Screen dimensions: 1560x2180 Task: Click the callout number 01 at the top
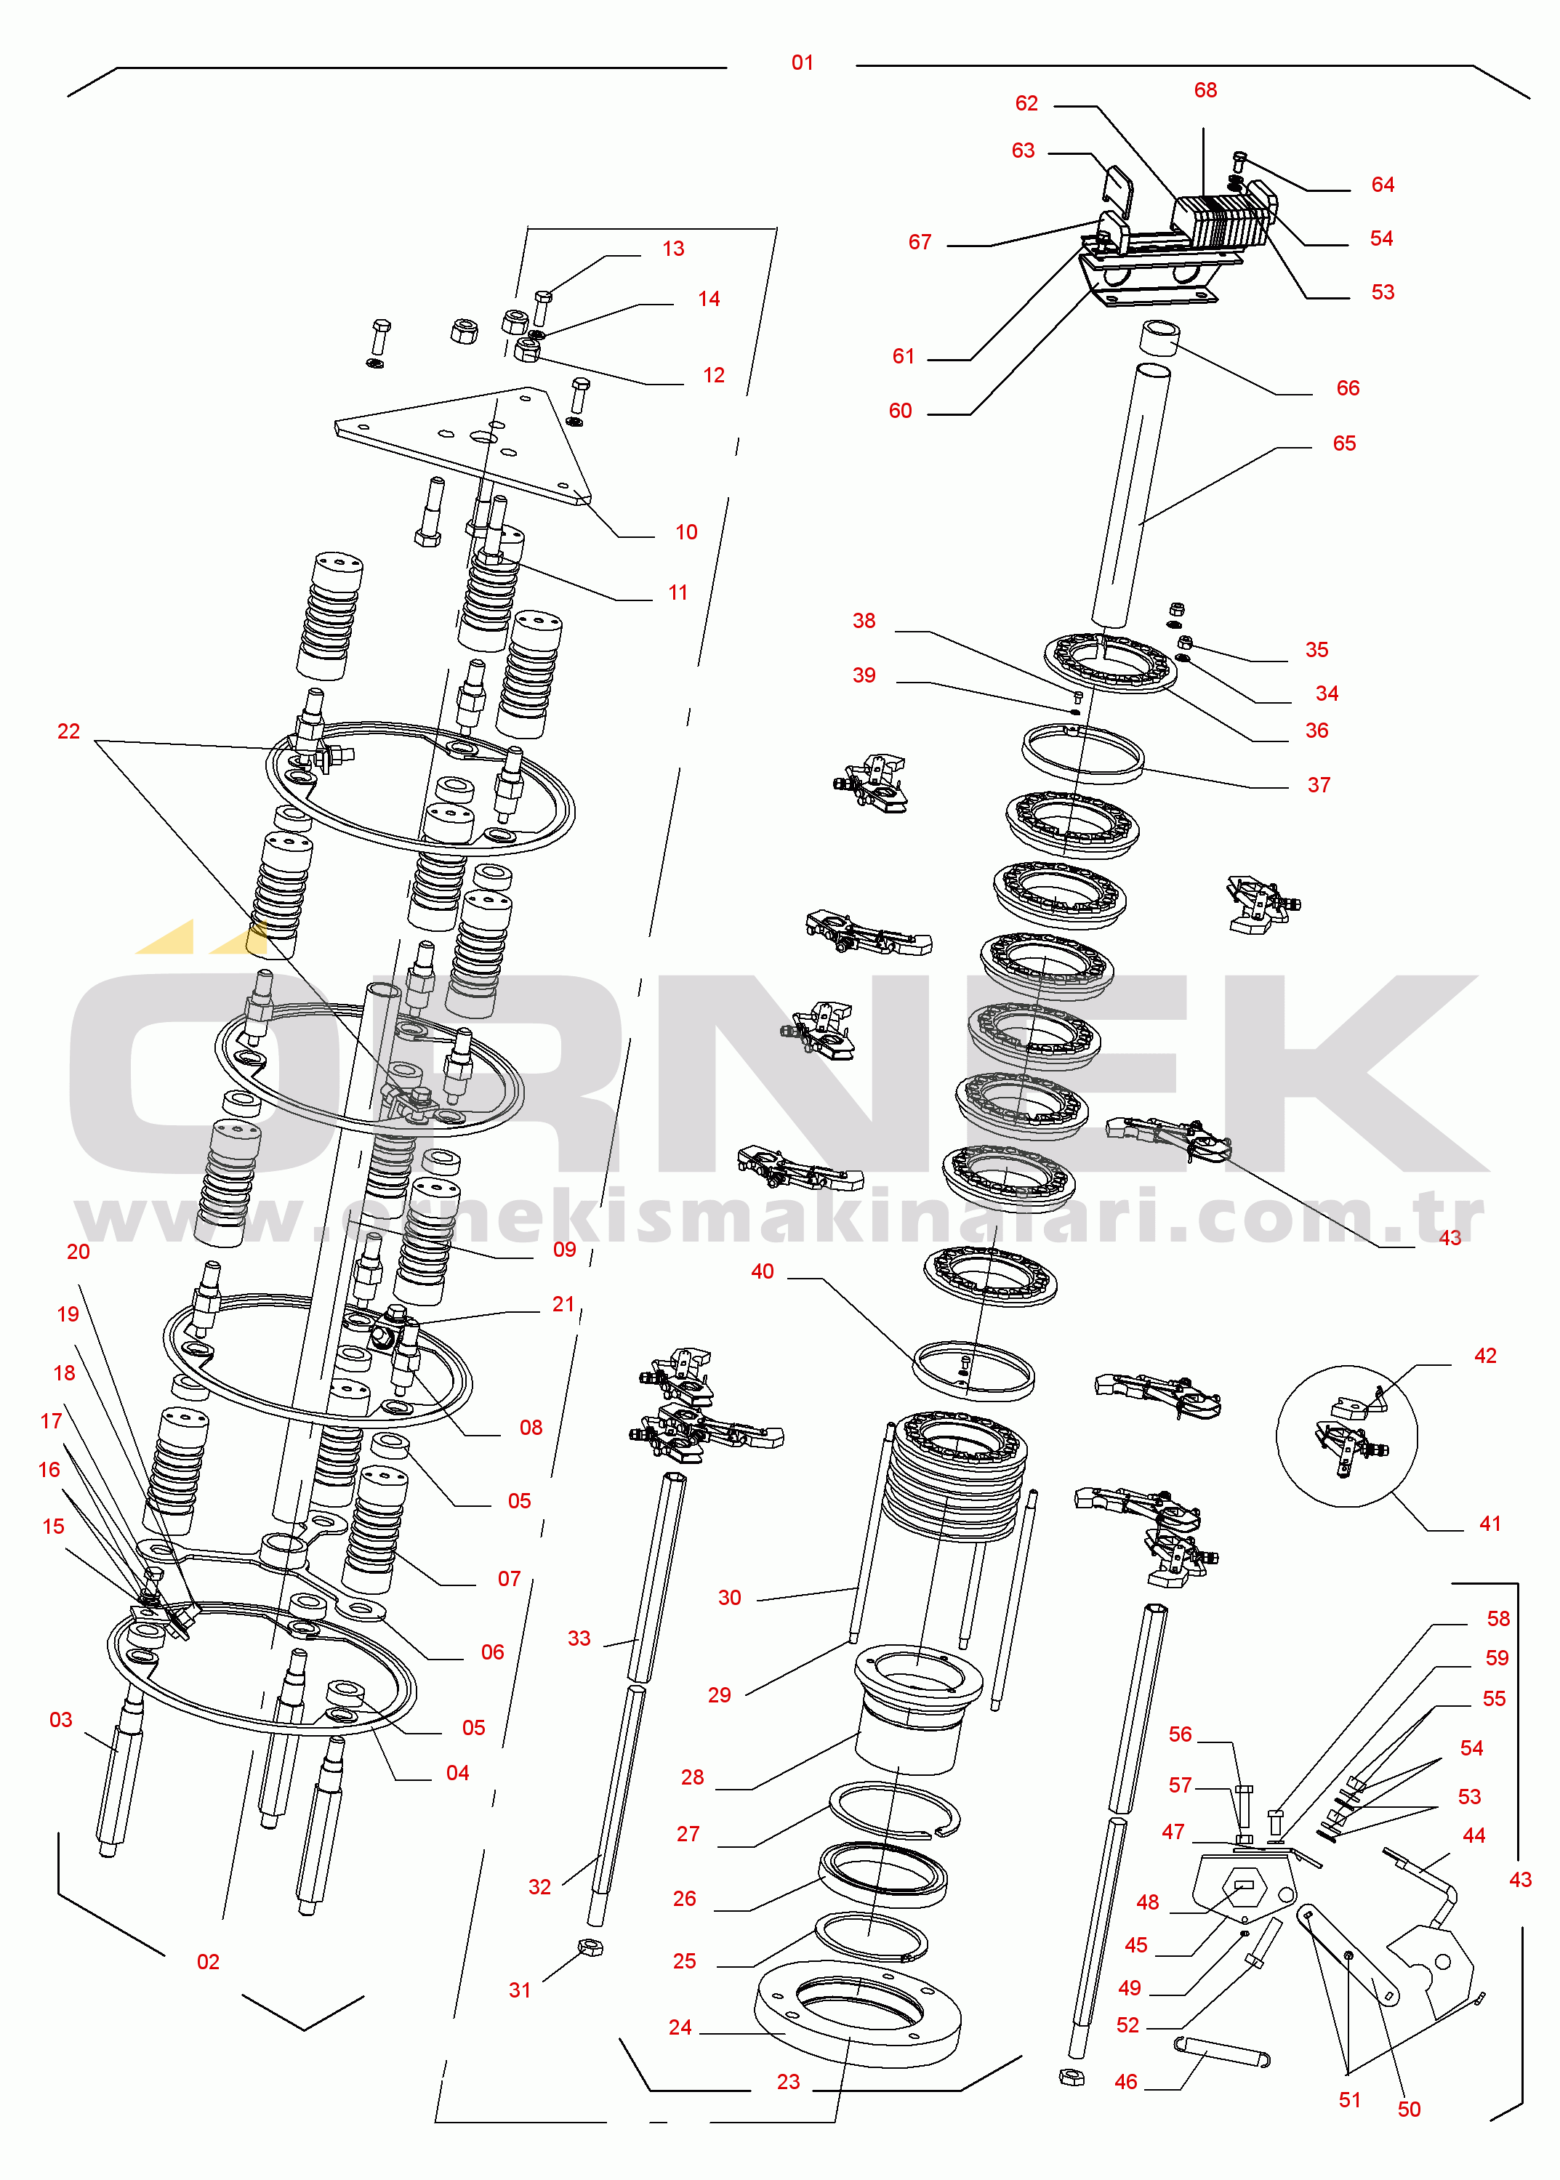(802, 63)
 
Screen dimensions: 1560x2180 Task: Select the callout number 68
(1205, 90)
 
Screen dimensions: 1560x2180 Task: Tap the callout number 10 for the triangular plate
(686, 532)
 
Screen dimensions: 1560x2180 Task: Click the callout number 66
(1348, 388)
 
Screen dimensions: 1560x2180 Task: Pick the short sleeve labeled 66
(1159, 338)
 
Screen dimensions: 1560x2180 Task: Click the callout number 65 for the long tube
(1344, 443)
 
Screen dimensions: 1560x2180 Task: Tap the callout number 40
(762, 1271)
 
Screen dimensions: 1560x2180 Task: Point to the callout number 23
(788, 2081)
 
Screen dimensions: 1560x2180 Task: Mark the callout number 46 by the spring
(1126, 2081)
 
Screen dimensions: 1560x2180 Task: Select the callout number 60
(900, 411)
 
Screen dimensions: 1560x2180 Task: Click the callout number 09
(565, 1250)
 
